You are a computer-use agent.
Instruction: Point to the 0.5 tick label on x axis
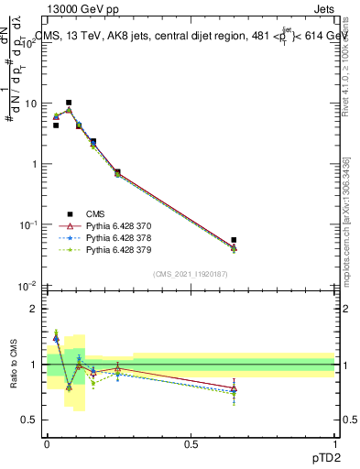point(191,442)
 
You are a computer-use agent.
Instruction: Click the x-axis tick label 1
point(335,442)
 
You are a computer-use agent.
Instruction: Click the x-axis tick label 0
point(47,442)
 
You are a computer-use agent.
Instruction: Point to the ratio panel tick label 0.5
point(32,420)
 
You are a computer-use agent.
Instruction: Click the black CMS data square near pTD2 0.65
point(235,240)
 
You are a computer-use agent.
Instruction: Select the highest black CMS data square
point(69,103)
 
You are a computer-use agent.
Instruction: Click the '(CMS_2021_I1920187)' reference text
point(191,273)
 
